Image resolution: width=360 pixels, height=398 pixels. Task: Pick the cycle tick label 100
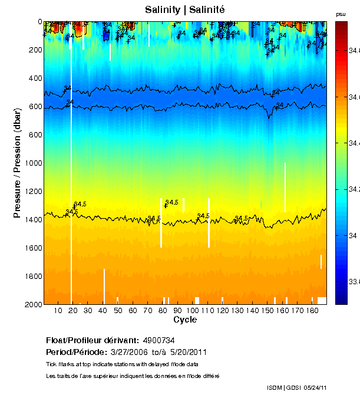[193, 311]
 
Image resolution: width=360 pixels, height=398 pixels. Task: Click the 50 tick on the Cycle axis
[118, 311]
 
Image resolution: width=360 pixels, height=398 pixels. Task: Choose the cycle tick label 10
[58, 311]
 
